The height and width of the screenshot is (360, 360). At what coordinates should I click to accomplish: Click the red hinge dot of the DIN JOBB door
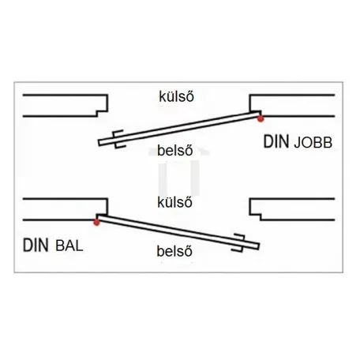[x=261, y=119]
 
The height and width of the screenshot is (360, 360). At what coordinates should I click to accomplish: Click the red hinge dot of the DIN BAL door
[x=97, y=223]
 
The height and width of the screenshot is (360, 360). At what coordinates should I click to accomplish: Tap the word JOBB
[x=313, y=143]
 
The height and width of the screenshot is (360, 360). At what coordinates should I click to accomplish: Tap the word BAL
[x=69, y=246]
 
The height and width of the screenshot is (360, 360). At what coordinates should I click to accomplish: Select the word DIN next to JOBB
[x=276, y=142]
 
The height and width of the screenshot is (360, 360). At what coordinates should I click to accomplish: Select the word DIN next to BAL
[x=36, y=246]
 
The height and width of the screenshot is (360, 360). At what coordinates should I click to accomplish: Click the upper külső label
[x=176, y=96]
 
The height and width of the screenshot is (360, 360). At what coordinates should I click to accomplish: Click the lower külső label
[x=174, y=202]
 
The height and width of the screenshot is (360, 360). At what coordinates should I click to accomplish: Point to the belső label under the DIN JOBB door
[x=175, y=150]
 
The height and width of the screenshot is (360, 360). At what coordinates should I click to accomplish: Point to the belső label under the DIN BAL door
[x=174, y=251]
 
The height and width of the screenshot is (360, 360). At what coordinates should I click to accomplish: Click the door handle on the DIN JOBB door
[x=119, y=139]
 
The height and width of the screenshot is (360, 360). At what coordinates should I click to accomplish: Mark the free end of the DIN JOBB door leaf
[x=99, y=142]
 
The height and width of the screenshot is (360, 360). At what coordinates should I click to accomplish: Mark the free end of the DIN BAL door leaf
[x=258, y=246]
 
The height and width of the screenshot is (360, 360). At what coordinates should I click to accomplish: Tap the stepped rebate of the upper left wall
[x=103, y=111]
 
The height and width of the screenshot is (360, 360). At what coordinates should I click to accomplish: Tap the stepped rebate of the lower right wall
[x=255, y=215]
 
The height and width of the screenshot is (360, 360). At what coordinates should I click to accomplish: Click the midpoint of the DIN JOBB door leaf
[x=180, y=128]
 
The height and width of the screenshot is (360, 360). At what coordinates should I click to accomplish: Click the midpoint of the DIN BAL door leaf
[x=178, y=232]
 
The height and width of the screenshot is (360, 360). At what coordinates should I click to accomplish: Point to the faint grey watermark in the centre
[x=179, y=171]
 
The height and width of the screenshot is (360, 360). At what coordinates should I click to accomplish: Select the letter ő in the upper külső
[x=190, y=96]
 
